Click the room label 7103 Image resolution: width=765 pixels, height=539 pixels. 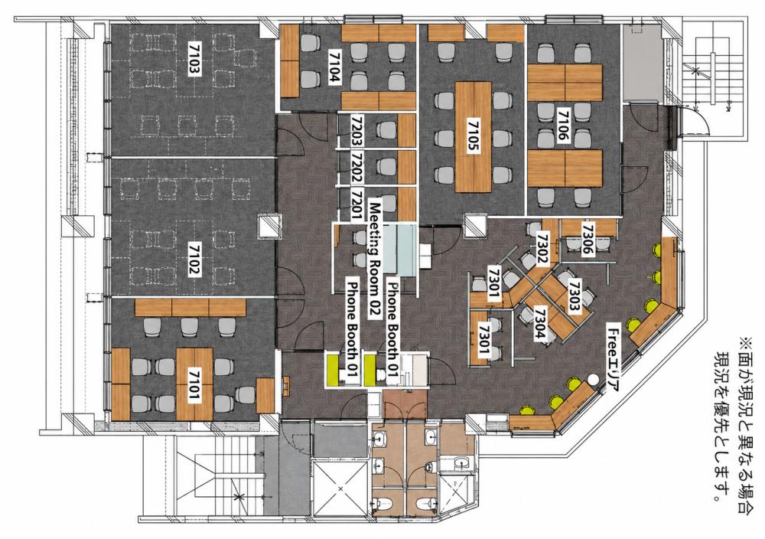[x=194, y=58]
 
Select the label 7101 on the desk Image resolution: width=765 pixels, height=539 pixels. [x=194, y=384]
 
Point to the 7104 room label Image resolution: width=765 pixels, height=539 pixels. [x=334, y=67]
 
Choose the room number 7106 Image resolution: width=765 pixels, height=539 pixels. [x=564, y=126]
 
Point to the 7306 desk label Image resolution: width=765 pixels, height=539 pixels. [x=588, y=239]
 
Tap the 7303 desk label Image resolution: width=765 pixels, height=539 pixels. [x=575, y=296]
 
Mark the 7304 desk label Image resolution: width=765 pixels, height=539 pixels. [x=541, y=323]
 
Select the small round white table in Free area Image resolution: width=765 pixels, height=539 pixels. [x=594, y=379]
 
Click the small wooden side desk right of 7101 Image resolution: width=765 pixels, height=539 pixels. [x=265, y=395]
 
